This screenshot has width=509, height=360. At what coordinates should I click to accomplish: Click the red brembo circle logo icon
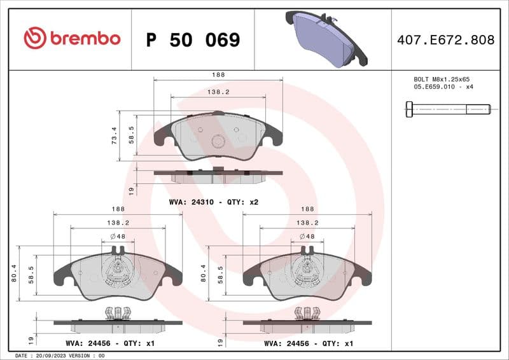coord(34,39)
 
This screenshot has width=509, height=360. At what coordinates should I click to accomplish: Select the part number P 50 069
coord(193,40)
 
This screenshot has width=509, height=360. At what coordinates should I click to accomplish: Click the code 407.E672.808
coord(445,40)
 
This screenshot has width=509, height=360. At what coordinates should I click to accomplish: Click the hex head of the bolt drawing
coord(408,109)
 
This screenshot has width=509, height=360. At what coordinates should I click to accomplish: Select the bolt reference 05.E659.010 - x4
coord(443,87)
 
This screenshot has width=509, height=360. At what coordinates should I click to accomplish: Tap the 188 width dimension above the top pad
coord(218,74)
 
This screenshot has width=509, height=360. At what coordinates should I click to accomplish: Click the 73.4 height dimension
coord(115,135)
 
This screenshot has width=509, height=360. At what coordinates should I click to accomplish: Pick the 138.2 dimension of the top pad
coord(219,92)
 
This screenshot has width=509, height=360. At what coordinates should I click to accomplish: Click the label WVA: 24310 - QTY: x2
coord(213,202)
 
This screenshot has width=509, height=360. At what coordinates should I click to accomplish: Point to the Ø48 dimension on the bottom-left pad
coord(117,237)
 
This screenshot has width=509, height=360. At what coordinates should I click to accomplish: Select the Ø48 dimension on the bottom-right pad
coord(307,237)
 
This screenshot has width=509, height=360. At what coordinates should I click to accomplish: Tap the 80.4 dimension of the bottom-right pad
coord(204,273)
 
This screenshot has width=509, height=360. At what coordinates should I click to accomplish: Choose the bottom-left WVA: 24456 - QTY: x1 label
coord(110,343)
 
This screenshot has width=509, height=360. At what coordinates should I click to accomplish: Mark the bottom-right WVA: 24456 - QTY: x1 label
coord(309,343)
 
